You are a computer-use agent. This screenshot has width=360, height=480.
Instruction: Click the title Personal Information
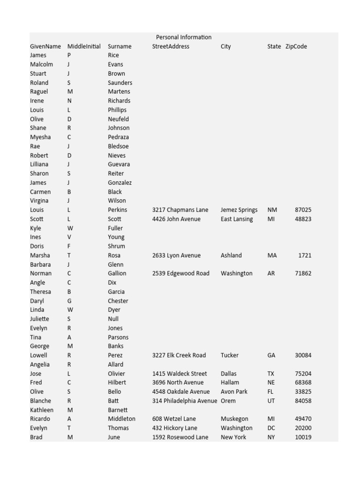pyautogui.click(x=183, y=37)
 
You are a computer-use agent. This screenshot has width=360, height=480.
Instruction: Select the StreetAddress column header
pyautogui.click(x=171, y=46)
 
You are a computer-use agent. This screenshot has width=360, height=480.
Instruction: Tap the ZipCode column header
pyautogui.click(x=296, y=46)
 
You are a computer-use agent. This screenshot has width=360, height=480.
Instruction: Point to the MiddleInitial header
pyautogui.click(x=84, y=46)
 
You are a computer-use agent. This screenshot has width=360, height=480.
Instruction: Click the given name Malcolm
pyautogui.click(x=41, y=64)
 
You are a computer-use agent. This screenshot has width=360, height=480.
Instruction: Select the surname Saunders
pyautogui.click(x=120, y=82)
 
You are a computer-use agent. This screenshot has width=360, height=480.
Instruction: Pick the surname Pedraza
pyautogui.click(x=118, y=137)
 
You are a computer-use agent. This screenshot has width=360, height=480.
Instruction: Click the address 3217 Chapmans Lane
pyautogui.click(x=180, y=210)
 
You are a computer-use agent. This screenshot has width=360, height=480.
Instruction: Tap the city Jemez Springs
pyautogui.click(x=239, y=210)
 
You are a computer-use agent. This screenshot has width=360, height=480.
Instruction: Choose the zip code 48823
pyautogui.click(x=303, y=219)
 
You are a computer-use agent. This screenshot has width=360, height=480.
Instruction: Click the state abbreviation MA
pyautogui.click(x=272, y=255)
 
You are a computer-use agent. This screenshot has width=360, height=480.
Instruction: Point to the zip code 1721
pyautogui.click(x=305, y=255)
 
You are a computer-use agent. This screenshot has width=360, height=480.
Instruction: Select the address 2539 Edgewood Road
pyautogui.click(x=180, y=273)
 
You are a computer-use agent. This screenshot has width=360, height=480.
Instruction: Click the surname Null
pyautogui.click(x=113, y=319)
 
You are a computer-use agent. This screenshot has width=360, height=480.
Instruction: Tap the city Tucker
pyautogui.click(x=230, y=355)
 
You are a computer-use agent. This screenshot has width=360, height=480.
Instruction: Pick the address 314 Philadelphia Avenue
pyautogui.click(x=185, y=401)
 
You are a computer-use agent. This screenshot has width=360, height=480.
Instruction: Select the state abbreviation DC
pyautogui.click(x=271, y=428)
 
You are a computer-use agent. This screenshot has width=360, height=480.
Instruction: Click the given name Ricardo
pyautogui.click(x=41, y=419)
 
